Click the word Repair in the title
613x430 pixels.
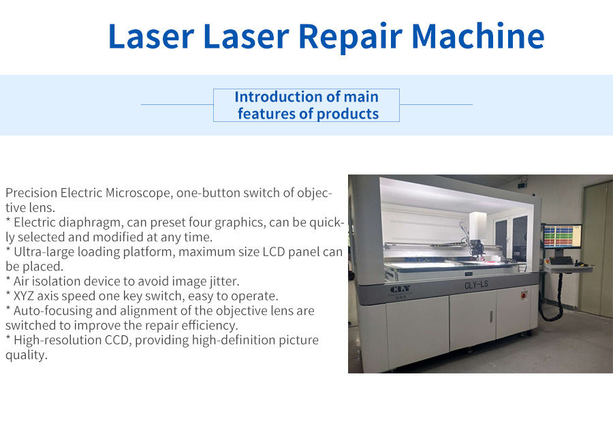tap(350, 37)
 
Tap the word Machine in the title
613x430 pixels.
tap(478, 35)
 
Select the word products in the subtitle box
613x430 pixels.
tap(347, 114)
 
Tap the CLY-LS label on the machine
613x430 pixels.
tap(476, 284)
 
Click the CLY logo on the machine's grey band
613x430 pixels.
tap(400, 290)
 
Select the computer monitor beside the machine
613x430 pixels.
tap(562, 236)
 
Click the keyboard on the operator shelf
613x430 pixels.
tap(562, 261)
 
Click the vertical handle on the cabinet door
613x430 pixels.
tap(490, 316)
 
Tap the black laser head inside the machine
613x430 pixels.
tap(477, 247)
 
